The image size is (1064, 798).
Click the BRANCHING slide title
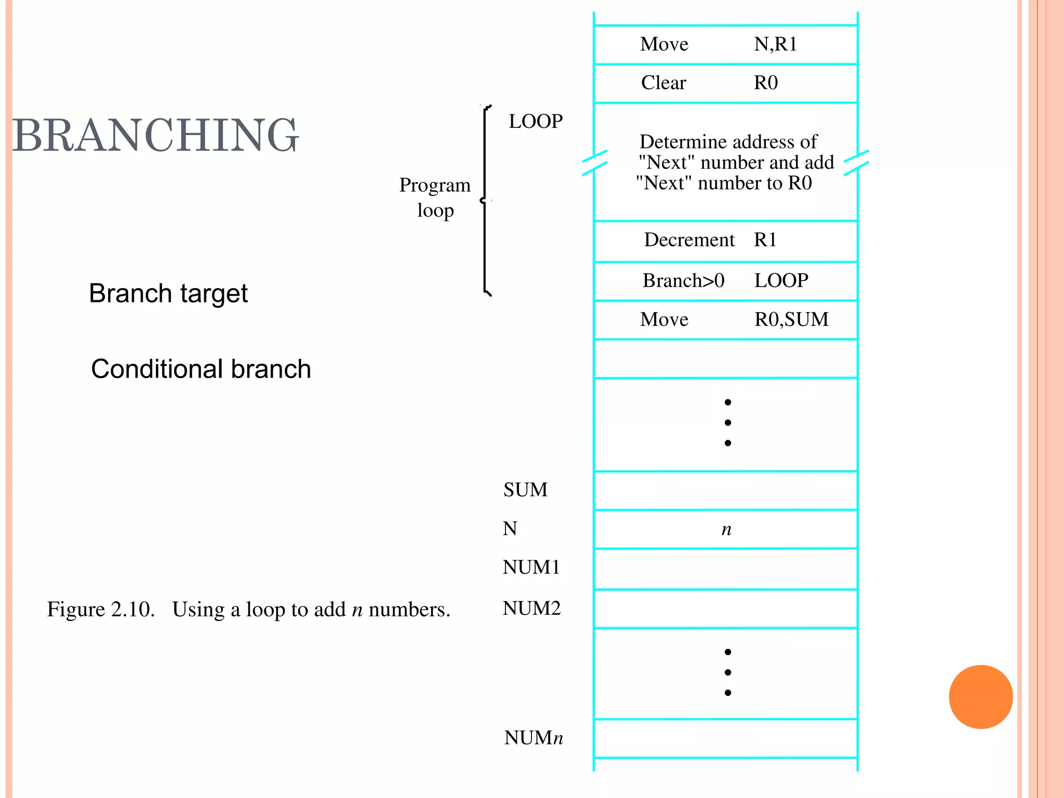155,136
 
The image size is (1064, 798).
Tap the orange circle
980,697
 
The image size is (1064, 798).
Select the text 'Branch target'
168,294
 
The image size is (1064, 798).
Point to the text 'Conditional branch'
201,369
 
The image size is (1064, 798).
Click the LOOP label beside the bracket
536,122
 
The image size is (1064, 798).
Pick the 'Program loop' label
435,198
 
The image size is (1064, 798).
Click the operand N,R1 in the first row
775,45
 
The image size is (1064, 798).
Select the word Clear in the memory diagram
663,83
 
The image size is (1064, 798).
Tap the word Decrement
689,240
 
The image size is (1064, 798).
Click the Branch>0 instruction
683,281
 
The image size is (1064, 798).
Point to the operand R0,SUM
791,320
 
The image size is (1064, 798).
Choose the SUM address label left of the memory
525,490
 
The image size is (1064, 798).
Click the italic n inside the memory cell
726,529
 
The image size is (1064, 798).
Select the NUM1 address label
531,567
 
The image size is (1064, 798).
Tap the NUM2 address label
531,608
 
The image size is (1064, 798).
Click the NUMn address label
533,738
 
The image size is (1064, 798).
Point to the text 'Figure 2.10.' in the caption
101,609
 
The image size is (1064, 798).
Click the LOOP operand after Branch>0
781,281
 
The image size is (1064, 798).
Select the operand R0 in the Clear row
766,83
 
